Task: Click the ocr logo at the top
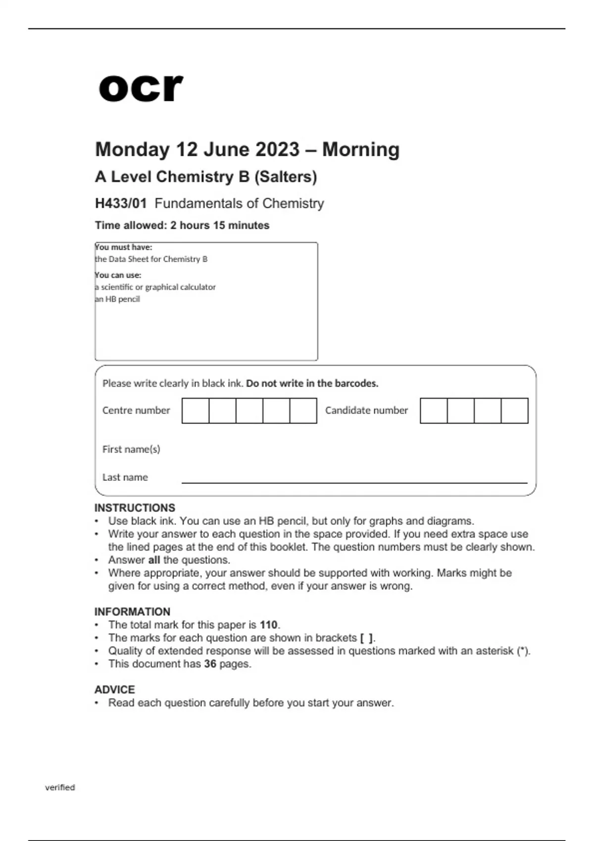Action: point(141,88)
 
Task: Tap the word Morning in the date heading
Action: point(361,149)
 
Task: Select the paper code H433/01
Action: point(121,203)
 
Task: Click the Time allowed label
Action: point(131,226)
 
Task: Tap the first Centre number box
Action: point(196,411)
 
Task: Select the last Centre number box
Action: point(303,411)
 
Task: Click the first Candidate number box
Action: point(434,411)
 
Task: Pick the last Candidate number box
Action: point(514,411)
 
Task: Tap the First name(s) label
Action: point(131,449)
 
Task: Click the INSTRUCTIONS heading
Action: point(135,508)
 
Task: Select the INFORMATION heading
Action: point(132,612)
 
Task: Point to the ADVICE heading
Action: point(114,690)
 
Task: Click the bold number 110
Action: point(269,625)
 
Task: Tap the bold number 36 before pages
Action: point(210,664)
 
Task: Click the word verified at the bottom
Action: point(60,788)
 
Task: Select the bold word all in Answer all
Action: point(154,560)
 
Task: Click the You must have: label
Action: point(124,247)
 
